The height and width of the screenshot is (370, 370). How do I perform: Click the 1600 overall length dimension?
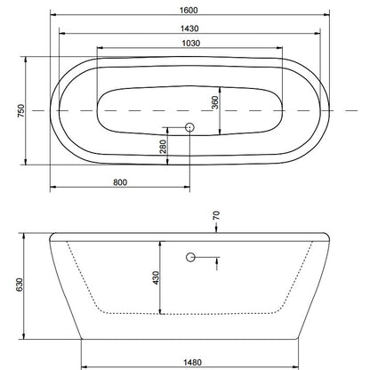coord(189,10)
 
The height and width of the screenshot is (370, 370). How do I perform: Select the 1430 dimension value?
coord(189,28)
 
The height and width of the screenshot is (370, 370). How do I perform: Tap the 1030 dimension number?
coord(191,44)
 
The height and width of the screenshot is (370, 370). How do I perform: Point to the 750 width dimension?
coord(21,110)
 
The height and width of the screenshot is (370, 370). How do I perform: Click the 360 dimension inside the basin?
coord(215,102)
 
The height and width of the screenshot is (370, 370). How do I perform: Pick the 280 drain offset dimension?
coord(164,146)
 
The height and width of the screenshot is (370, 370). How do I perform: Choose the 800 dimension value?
coord(120,182)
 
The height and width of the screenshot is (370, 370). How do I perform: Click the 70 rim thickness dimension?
coord(216,215)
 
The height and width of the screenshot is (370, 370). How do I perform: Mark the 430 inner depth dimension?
coord(156,277)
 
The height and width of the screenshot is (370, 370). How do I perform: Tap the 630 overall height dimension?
coord(19,285)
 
